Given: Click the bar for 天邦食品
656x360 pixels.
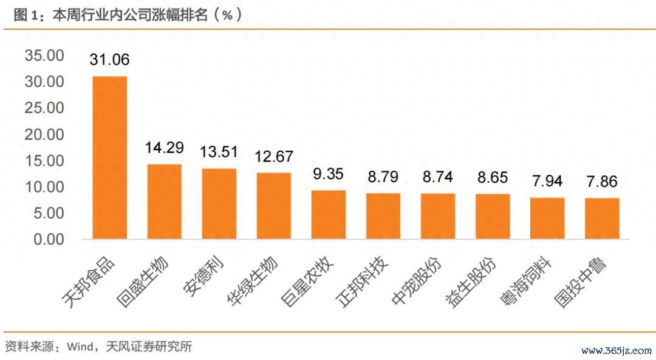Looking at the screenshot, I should pos(109,157).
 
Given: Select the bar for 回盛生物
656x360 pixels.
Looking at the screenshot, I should pos(164,202).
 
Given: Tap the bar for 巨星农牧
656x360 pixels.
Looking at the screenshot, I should pos(329,214).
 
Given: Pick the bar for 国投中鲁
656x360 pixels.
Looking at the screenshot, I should pos(602,218).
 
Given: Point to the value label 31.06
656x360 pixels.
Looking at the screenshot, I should pos(109,59).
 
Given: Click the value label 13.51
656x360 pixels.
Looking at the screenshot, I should pos(219,151).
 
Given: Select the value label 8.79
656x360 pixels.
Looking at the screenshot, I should pos(383,177).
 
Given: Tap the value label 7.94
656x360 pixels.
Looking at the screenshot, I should pos(547,181).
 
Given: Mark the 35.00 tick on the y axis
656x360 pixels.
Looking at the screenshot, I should pos(44,56).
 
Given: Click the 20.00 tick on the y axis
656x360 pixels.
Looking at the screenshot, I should pos(44,134).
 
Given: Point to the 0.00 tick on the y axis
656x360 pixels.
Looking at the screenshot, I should pos(47,239).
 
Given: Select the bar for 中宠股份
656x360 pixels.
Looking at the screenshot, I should pos(438,216).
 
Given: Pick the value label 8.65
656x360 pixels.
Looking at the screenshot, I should pos(493,177).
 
